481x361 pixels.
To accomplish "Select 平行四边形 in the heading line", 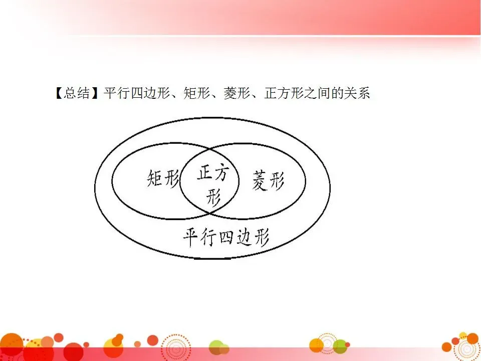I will (x=130, y=93).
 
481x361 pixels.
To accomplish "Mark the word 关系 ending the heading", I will (x=357, y=93).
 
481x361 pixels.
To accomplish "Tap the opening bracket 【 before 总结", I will (x=56, y=93).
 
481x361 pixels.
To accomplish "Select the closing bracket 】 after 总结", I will (x=94, y=93).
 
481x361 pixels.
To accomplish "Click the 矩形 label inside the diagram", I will (x=163, y=177).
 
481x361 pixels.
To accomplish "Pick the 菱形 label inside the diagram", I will (x=268, y=180).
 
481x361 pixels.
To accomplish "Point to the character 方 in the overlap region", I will (x=221, y=174).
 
